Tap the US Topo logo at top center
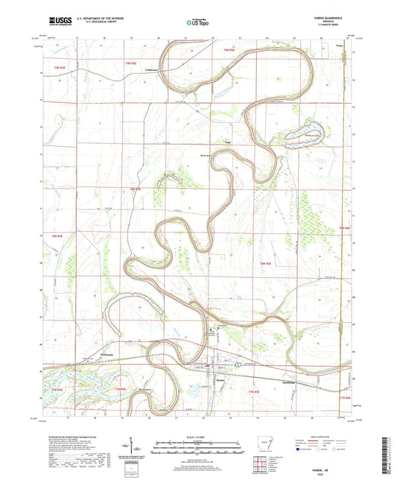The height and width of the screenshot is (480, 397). coord(197,22)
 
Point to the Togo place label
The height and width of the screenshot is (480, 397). coord(227,141)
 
